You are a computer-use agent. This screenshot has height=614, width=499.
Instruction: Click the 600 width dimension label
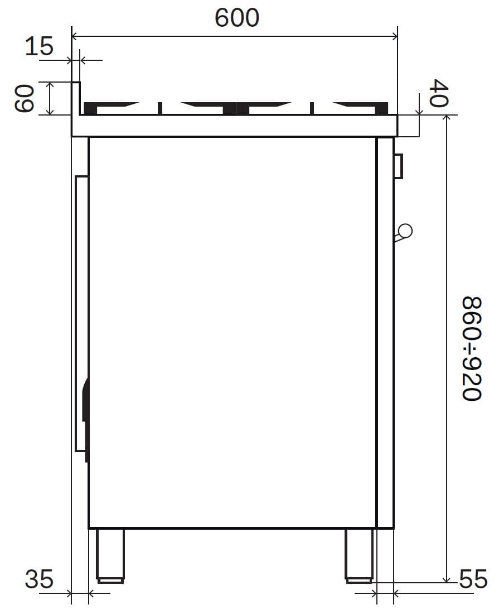tap(236, 18)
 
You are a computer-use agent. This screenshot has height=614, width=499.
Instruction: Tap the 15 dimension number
tap(38, 46)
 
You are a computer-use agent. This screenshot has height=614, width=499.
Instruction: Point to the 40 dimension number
tap(439, 93)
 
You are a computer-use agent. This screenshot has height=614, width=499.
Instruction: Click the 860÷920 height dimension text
tap(471, 348)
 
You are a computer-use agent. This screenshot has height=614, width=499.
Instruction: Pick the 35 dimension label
tap(38, 579)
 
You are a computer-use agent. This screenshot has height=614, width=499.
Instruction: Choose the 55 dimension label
tap(473, 579)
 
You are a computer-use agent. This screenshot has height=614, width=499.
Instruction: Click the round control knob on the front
tap(405, 231)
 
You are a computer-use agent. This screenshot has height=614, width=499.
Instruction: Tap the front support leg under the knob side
tap(358, 555)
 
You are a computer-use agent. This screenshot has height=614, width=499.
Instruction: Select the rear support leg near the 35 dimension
tap(110, 555)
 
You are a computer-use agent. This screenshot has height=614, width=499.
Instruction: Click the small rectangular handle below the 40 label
tap(398, 166)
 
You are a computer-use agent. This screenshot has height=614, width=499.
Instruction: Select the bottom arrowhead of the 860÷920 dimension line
tap(446, 579)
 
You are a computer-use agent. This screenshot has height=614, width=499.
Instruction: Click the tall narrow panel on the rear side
tap(81, 313)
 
